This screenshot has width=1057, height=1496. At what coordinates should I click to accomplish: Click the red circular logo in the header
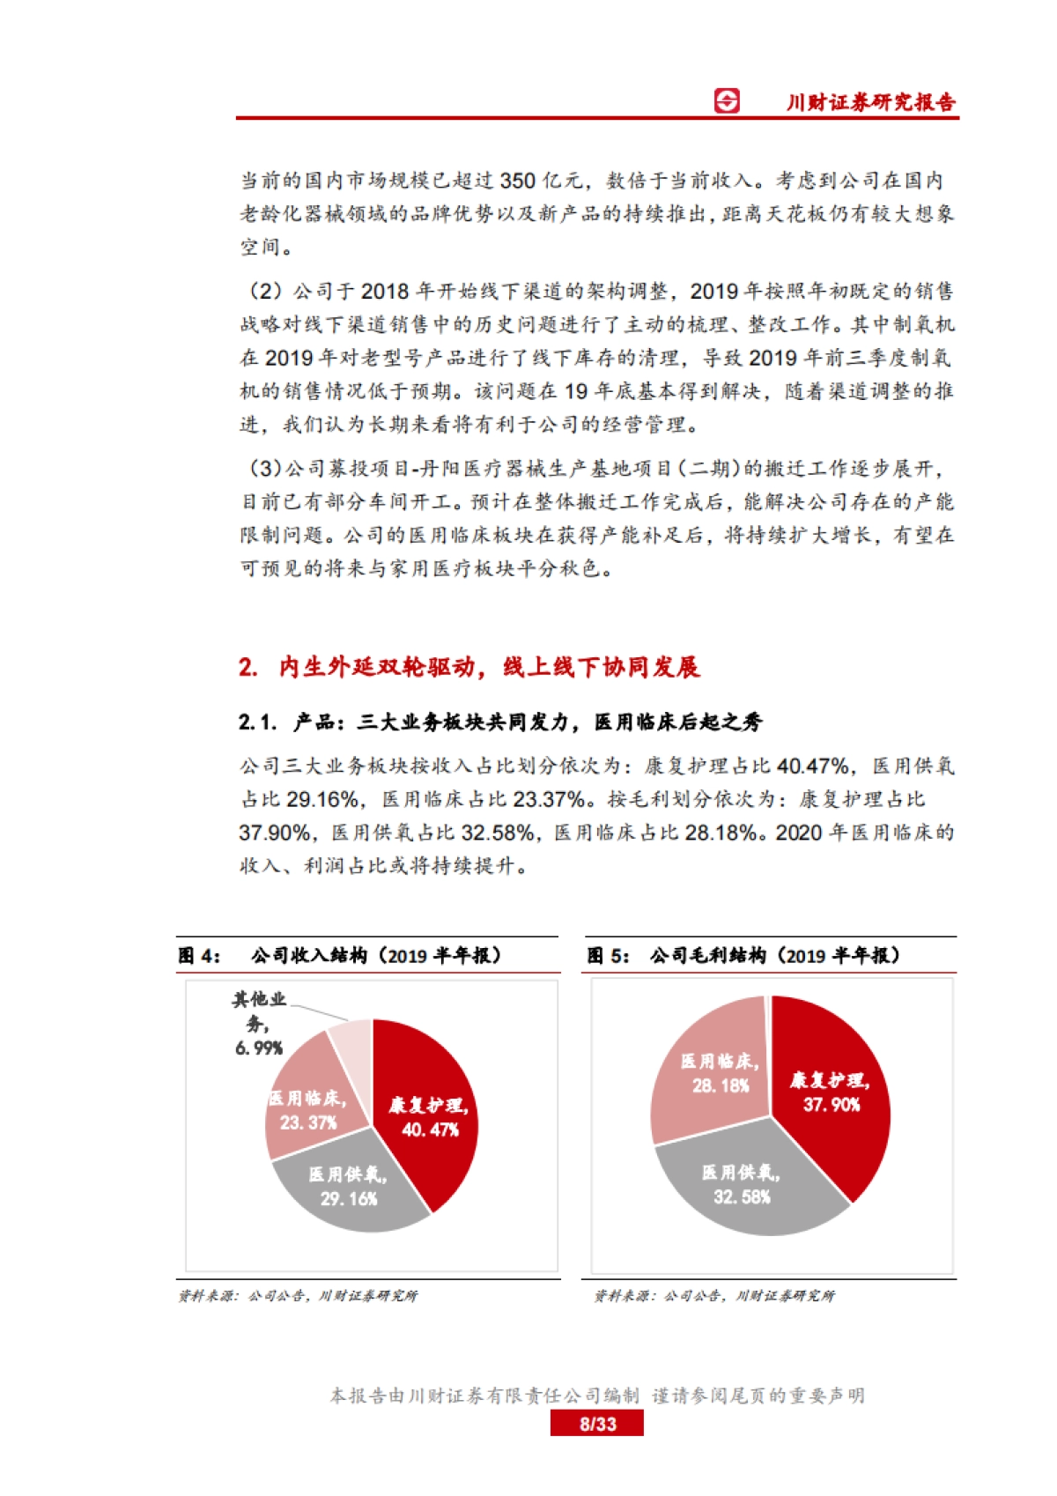727,101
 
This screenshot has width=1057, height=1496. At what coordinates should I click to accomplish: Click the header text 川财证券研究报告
870,102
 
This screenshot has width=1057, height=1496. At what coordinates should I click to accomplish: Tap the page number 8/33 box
597,1424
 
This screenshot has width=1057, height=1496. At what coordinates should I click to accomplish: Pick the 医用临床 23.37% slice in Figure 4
308,1110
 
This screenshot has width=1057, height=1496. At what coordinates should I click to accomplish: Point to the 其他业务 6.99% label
259,1023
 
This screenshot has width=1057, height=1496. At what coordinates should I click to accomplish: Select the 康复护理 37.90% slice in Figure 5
829,1092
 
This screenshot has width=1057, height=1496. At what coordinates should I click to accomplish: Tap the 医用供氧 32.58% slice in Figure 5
742,1184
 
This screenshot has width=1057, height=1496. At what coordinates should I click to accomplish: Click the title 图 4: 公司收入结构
340,956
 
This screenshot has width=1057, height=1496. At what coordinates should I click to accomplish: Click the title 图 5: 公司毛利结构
743,956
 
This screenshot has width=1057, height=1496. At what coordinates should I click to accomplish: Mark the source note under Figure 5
714,1296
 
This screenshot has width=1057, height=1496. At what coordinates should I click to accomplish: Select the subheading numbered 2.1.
500,722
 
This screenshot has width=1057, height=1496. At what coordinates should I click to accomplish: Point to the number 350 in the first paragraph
517,181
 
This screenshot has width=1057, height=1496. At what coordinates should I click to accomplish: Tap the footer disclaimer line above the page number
597,1396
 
